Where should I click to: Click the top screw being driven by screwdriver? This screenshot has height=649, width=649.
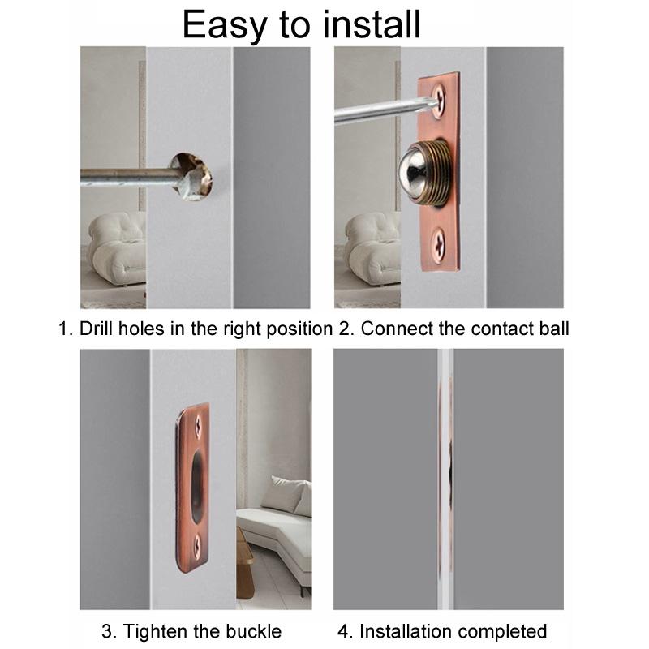pyautogui.click(x=439, y=99)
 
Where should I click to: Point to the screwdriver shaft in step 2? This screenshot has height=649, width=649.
pyautogui.click(x=373, y=111)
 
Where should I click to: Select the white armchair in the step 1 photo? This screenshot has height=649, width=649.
pyautogui.click(x=116, y=247)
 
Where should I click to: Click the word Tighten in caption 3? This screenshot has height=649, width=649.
pyautogui.click(x=154, y=631)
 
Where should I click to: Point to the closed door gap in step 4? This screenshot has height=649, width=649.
pyautogui.click(x=445, y=479)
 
